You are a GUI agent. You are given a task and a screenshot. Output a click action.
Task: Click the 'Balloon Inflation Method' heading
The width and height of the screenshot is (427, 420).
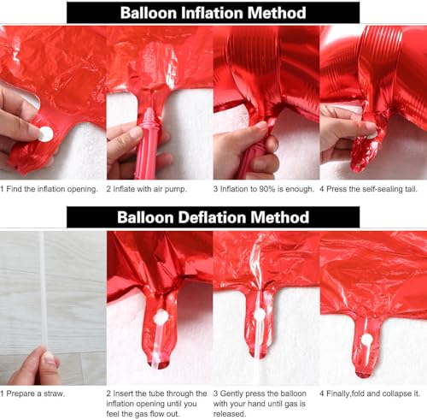213,13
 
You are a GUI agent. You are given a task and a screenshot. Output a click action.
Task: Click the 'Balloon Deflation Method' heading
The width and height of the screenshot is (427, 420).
213,216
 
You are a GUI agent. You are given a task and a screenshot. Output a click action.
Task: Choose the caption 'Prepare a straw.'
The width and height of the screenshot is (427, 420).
32,393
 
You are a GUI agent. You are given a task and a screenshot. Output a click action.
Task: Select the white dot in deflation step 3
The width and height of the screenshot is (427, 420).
260,315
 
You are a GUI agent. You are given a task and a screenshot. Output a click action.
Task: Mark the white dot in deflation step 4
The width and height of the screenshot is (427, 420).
367,340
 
